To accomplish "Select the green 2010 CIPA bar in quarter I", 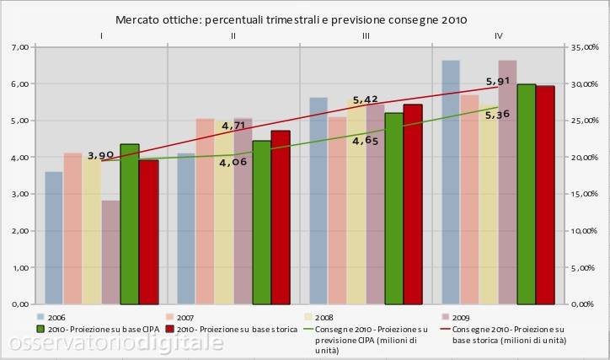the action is point(130,224).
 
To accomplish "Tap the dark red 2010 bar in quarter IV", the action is point(545,195).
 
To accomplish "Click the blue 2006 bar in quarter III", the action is point(318,201).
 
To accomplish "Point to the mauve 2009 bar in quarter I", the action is point(111,252).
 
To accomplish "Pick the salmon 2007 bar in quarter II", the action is point(205,212).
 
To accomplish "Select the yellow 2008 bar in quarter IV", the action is point(489,204).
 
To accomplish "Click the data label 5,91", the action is point(498,81).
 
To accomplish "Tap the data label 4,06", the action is point(233,163).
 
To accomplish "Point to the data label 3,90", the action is point(100,156).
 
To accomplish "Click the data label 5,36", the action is point(498,115).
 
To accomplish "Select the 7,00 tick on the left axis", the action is point(20,47).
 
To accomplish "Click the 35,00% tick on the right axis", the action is point(585,47).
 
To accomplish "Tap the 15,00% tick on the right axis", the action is point(585,194).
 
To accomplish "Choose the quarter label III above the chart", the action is point(366,35).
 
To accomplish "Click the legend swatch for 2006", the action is point(40,317).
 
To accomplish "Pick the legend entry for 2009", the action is point(456,318).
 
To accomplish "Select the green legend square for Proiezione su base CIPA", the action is point(40,329).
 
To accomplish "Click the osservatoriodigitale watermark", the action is point(115,343).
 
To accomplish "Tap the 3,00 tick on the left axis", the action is point(20,194).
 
